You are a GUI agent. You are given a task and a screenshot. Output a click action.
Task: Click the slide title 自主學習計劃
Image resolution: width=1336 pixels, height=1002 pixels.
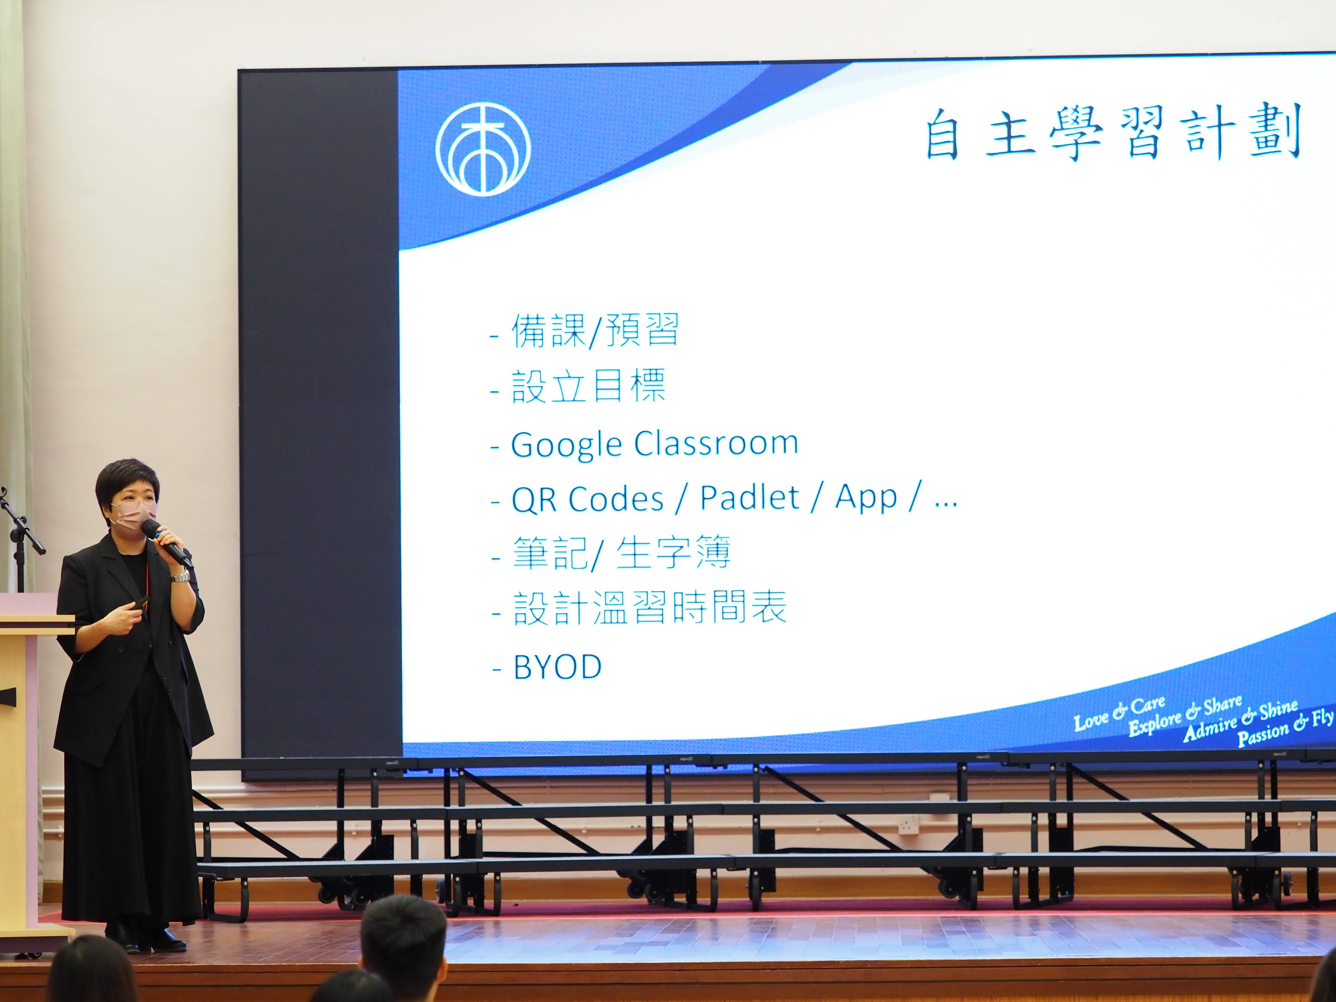tap(1113, 134)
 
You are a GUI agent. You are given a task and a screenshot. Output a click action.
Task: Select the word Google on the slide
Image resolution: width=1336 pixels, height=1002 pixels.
tap(566, 445)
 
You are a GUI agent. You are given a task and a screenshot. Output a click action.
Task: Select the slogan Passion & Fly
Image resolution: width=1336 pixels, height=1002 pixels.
tap(1285, 728)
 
